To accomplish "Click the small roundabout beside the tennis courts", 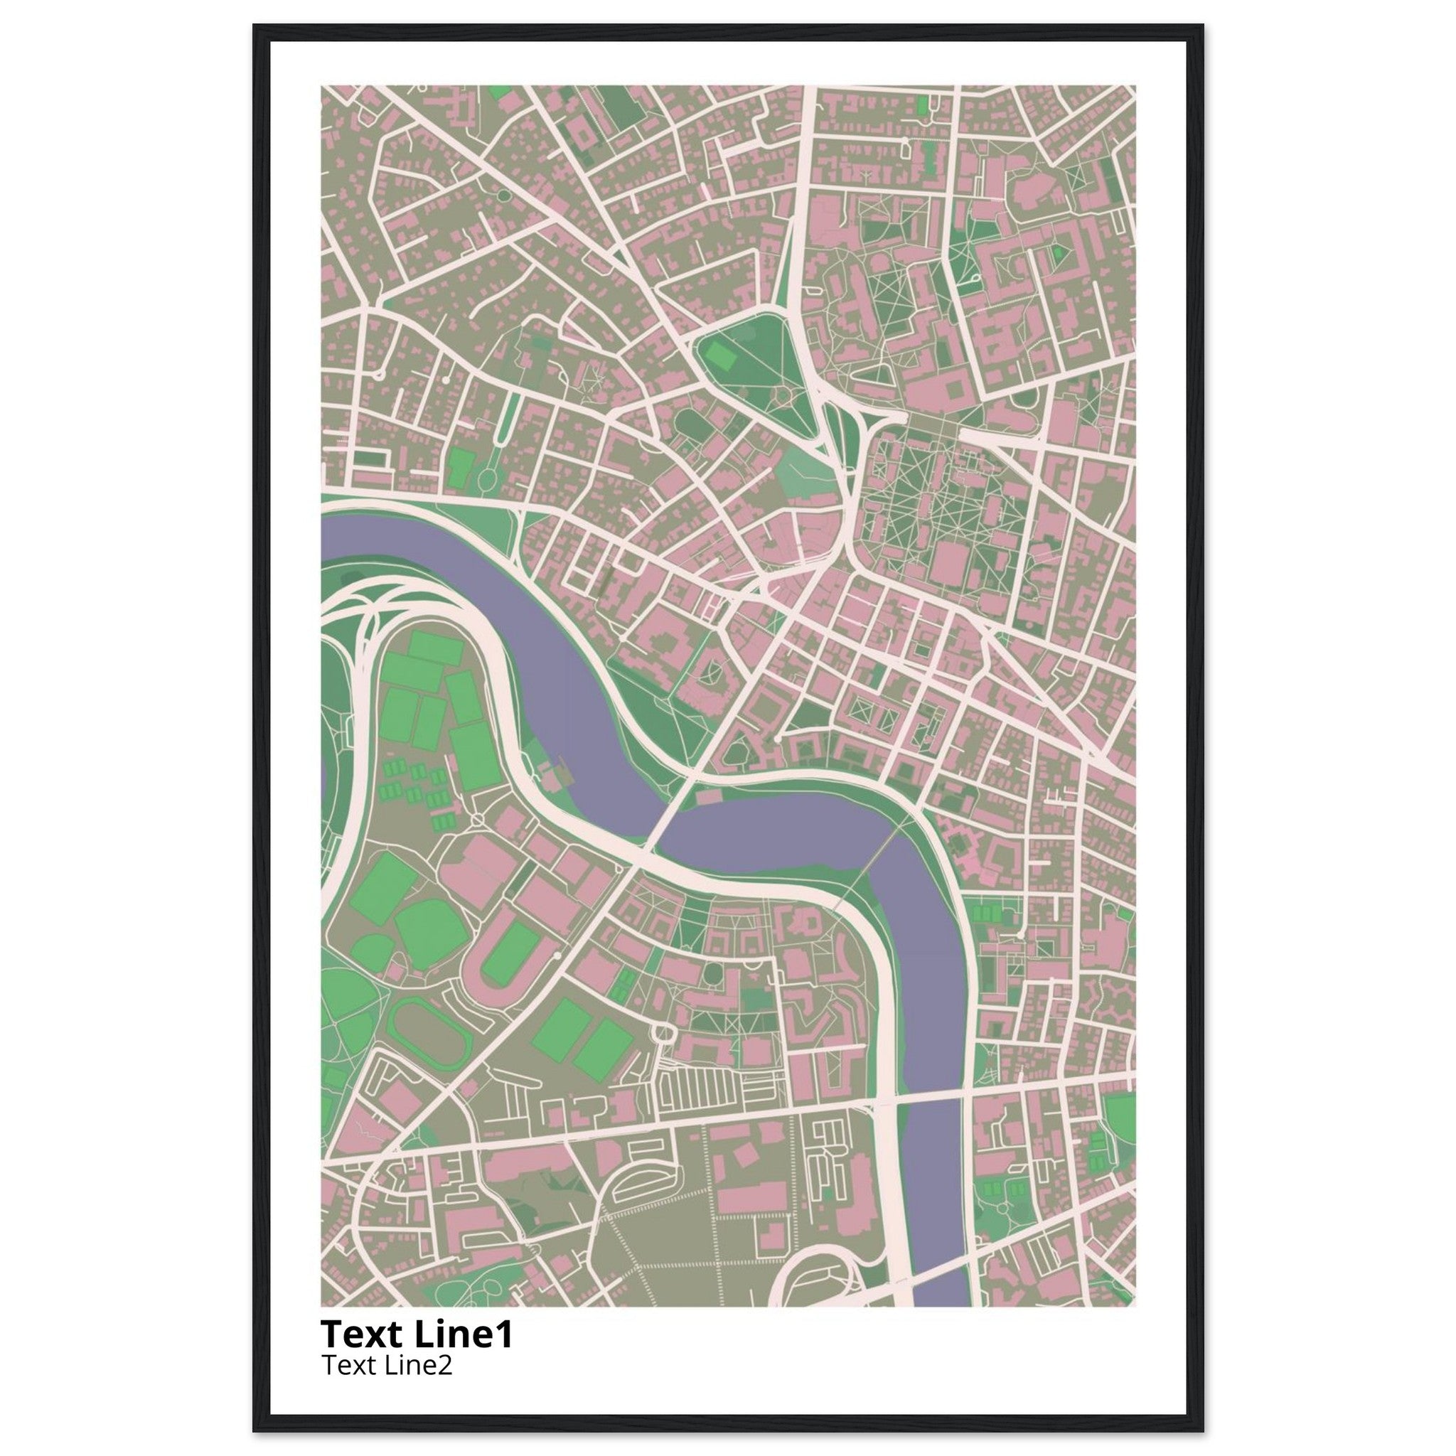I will click(x=477, y=819).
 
